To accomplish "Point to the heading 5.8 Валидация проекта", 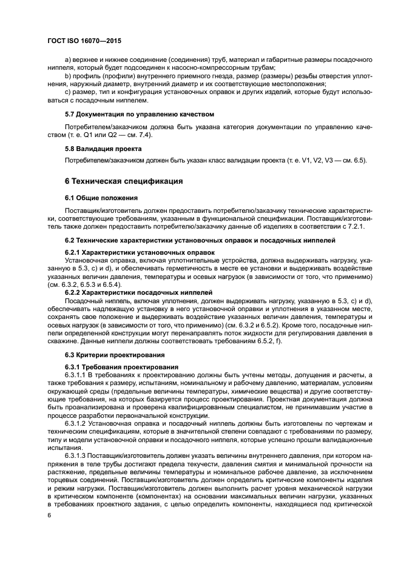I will point(103,148).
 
